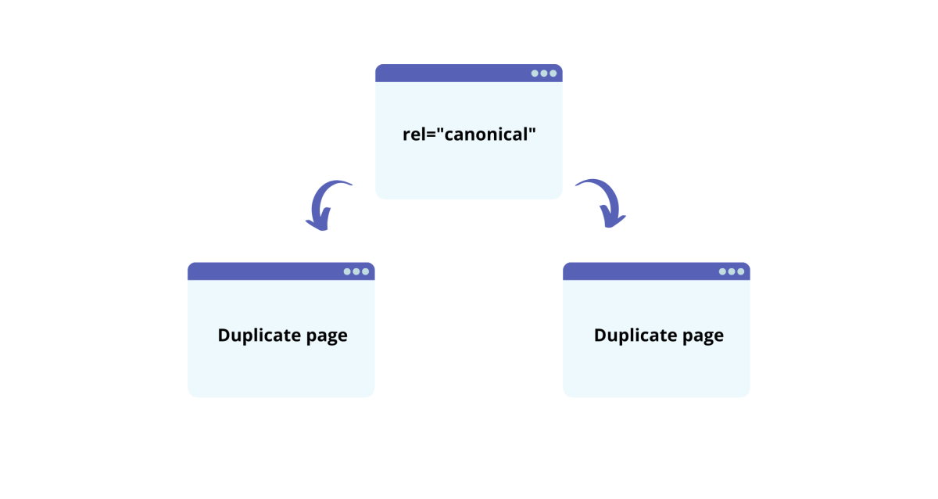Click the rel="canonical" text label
(468, 134)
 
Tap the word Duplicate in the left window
(257, 335)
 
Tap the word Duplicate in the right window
(633, 335)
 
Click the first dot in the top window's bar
(535, 74)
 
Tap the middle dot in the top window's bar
(544, 74)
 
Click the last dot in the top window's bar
(553, 74)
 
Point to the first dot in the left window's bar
(347, 271)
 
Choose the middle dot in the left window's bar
(356, 271)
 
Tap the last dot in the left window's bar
(366, 271)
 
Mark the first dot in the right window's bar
(722, 271)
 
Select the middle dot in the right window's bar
(732, 271)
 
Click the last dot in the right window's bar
(741, 271)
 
